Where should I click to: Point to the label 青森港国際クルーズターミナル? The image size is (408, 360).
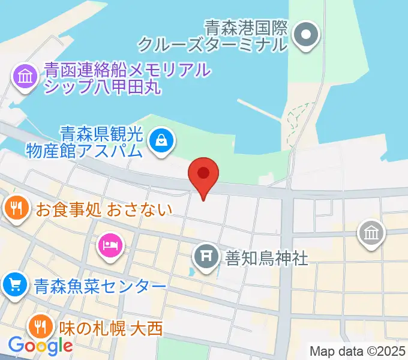214,35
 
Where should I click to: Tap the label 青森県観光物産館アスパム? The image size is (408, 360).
85,140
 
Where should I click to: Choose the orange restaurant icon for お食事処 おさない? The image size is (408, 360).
15,209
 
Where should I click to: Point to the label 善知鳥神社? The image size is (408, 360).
266,258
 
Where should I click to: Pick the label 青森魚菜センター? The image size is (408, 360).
100,286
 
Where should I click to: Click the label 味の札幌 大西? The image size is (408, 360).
111,328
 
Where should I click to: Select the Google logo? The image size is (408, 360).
40,346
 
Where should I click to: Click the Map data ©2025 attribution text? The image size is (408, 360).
358,350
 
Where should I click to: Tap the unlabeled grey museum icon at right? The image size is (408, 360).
371,233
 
